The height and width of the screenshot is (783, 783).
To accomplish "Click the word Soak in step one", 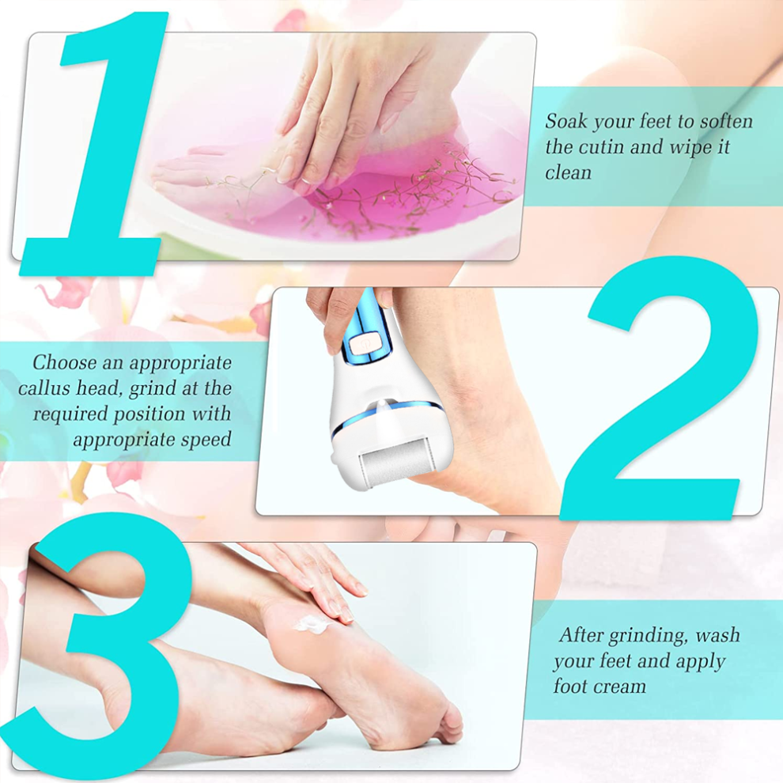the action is pos(565,121).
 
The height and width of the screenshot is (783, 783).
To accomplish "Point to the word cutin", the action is pos(600,147).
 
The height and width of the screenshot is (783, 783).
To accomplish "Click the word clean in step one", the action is pos(568,172).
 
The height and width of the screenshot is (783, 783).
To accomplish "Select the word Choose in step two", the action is pos(64,362).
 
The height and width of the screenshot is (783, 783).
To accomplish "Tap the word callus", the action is pos(44,388).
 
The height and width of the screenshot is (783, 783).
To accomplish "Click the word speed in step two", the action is pos(206,440).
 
